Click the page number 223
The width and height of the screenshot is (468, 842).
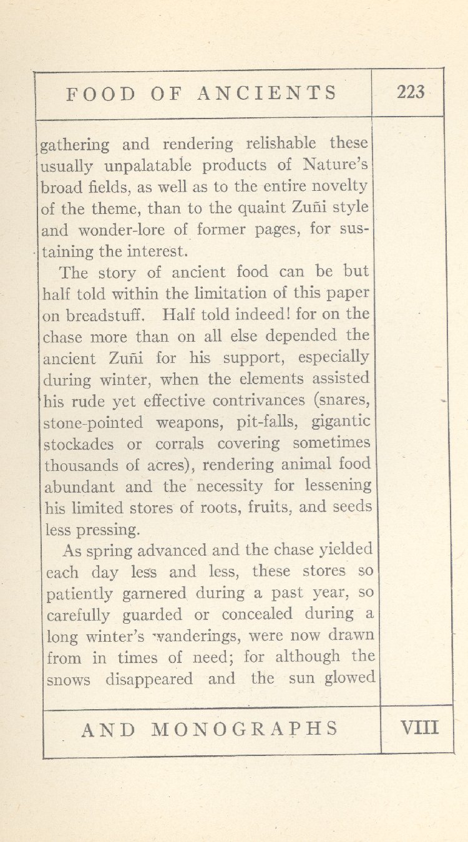(410, 92)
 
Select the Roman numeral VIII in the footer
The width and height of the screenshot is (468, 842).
(419, 728)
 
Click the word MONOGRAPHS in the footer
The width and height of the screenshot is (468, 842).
(245, 728)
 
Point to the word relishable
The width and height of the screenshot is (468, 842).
(281, 144)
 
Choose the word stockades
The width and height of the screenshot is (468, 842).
(79, 444)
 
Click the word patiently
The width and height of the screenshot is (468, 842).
(80, 594)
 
